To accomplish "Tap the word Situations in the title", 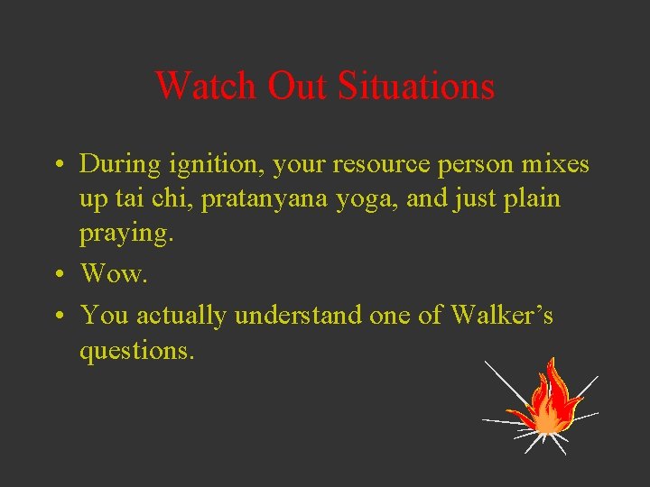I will pyautogui.click(x=416, y=87).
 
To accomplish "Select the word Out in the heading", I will pyautogui.click(x=299, y=87).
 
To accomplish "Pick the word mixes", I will pyautogui.click(x=552, y=165).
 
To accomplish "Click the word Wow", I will pyautogui.click(x=113, y=273).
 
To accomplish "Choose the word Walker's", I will pyautogui.click(x=502, y=315).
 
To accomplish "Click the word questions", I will pyautogui.click(x=136, y=350).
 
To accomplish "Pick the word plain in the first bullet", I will pyautogui.click(x=532, y=199).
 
